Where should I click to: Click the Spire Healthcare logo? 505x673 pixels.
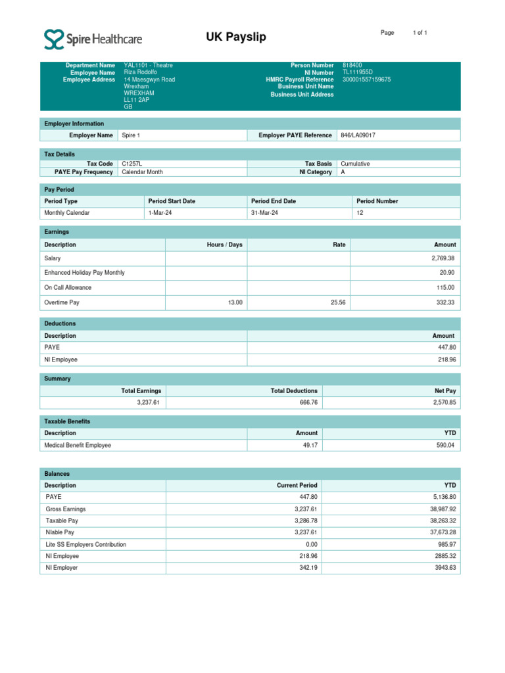[93, 39]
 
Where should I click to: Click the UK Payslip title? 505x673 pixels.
[236, 37]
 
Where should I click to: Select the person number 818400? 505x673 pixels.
[352, 66]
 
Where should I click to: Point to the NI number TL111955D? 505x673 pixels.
[358, 73]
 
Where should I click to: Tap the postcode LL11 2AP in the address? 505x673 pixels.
[137, 100]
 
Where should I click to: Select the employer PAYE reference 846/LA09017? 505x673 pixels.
[358, 135]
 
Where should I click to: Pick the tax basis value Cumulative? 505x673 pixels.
[355, 164]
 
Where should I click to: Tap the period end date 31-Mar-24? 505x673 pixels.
[265, 213]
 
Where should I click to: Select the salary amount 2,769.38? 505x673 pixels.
[441, 258]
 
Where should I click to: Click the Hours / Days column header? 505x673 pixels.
[224, 244]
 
